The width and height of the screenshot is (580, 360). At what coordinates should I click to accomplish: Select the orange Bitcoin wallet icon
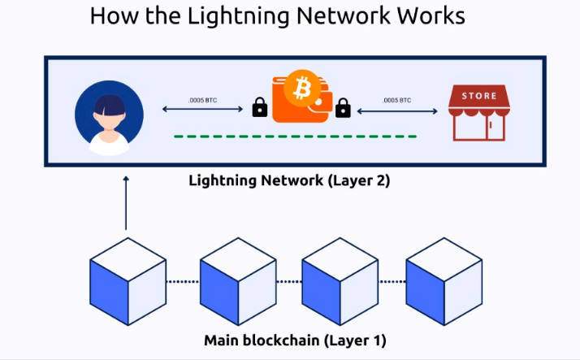[x=301, y=98]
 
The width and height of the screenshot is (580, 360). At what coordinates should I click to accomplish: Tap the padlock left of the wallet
[x=260, y=107]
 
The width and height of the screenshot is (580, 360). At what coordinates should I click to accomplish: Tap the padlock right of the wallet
[x=343, y=106]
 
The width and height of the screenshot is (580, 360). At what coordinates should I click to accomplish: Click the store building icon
[x=478, y=114]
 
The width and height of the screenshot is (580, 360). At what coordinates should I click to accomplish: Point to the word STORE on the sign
[x=478, y=96]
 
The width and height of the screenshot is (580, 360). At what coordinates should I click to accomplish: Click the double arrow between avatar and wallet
[x=203, y=110]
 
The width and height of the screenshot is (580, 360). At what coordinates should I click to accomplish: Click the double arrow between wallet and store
[x=397, y=110]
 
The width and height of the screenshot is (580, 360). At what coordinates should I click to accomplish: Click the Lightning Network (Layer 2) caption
[x=289, y=180]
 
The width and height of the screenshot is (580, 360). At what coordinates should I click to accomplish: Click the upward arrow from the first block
[x=126, y=203]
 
